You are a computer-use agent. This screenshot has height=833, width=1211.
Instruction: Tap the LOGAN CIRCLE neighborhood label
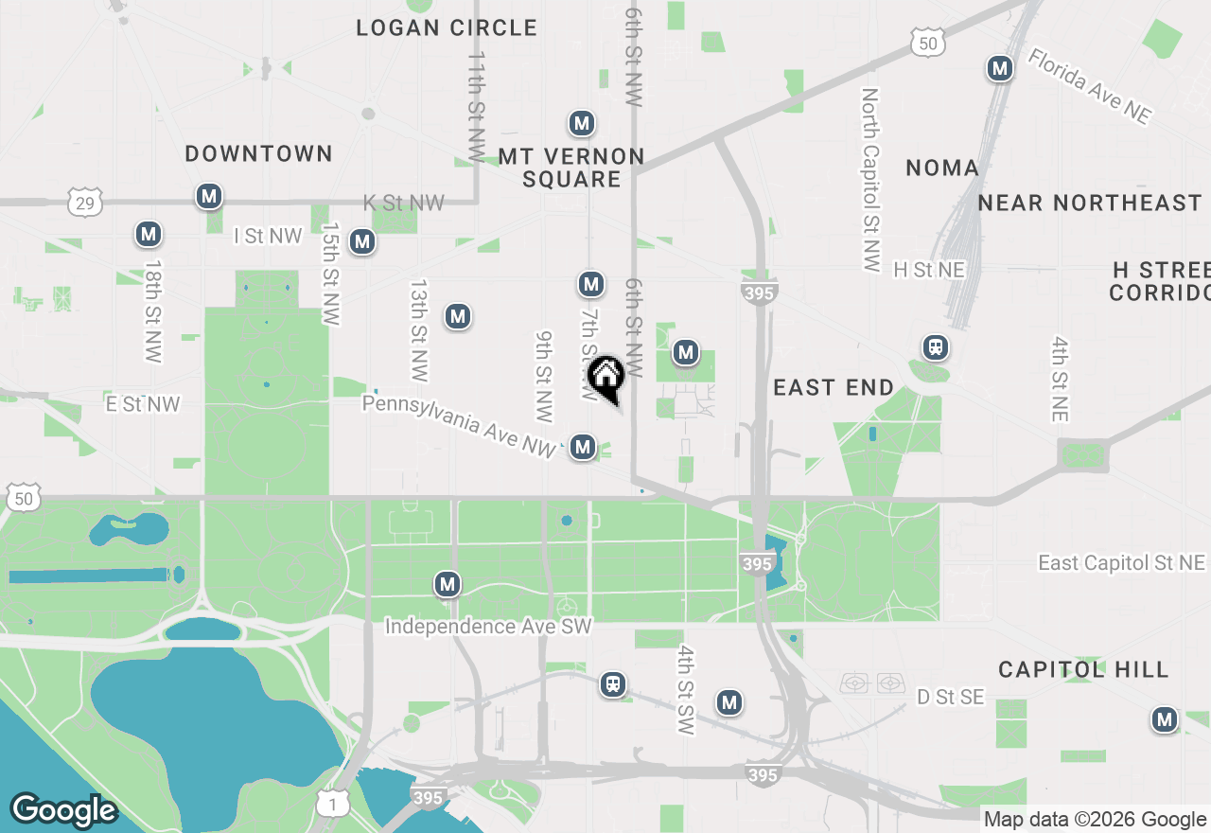pyautogui.click(x=447, y=28)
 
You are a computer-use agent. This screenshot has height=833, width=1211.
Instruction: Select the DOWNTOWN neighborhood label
pyautogui.click(x=258, y=153)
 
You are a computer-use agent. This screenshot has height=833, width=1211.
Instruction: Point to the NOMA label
pyautogui.click(x=942, y=168)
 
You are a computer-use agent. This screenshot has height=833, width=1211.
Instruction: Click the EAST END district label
pyautogui.click(x=834, y=387)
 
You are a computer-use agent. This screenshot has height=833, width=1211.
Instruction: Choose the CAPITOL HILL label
pyautogui.click(x=1083, y=670)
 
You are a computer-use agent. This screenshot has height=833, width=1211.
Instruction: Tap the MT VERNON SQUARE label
pyautogui.click(x=571, y=168)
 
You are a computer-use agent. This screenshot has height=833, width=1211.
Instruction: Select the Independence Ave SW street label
pyautogui.click(x=488, y=627)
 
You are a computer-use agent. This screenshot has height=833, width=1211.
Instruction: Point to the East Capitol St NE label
pyautogui.click(x=1122, y=563)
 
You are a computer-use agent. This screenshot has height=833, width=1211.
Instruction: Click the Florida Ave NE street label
pyautogui.click(x=1090, y=86)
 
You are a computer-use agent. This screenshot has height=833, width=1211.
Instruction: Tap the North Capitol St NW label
pyautogui.click(x=870, y=180)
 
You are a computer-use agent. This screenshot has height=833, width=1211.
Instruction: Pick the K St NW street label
pyautogui.click(x=404, y=203)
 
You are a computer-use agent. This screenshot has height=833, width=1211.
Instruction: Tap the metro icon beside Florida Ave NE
pyautogui.click(x=999, y=68)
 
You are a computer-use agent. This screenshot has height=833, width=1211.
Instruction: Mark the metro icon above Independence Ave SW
pyautogui.click(x=448, y=584)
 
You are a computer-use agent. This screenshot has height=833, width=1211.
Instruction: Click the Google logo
pyautogui.click(x=63, y=810)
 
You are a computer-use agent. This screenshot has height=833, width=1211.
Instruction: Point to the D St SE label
pyautogui.click(x=951, y=698)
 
